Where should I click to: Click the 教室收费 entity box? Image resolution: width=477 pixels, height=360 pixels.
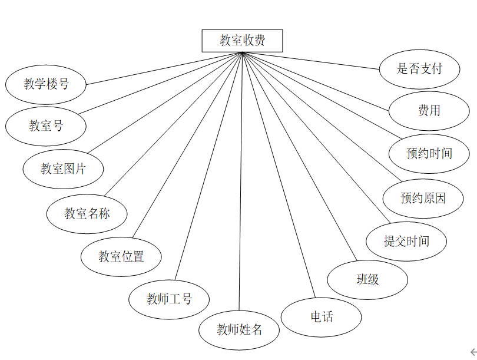click(x=242, y=41)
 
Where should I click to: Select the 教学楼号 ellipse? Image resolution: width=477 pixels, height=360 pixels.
click(x=46, y=84)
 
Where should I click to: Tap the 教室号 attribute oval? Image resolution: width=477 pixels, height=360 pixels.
click(x=46, y=125)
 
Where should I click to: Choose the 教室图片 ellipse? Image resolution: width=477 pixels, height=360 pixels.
click(x=63, y=169)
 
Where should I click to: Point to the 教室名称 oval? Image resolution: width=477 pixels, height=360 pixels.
click(x=87, y=213)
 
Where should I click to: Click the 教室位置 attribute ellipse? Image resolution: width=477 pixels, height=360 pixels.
click(x=121, y=256)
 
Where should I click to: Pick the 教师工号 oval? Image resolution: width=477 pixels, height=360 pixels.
click(x=169, y=299)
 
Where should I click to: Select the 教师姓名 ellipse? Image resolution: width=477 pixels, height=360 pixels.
click(x=239, y=329)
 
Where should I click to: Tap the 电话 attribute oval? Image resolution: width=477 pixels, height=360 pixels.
click(x=321, y=317)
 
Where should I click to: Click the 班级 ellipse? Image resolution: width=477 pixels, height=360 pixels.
click(x=367, y=279)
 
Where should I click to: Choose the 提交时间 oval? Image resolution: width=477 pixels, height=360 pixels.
click(x=406, y=241)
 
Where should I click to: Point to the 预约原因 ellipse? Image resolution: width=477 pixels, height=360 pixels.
click(x=423, y=198)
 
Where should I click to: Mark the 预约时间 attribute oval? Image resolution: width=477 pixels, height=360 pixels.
click(x=429, y=154)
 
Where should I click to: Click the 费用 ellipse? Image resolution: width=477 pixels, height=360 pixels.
click(x=429, y=110)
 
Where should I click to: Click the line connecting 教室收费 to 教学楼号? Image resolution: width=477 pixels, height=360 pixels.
click(x=164, y=68)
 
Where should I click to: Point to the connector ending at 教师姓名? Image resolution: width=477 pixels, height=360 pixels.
click(x=240, y=177)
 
